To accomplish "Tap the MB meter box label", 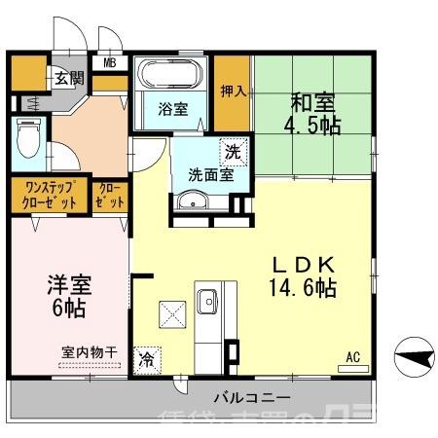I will click(110, 64).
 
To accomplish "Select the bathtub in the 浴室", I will click(171, 76).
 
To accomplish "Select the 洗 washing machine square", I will click(233, 153).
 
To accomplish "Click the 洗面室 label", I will click(209, 176).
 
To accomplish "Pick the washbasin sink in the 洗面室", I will click(193, 201).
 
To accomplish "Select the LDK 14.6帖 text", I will click(304, 275).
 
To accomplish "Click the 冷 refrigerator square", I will click(146, 359).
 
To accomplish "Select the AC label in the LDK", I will click(352, 358).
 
